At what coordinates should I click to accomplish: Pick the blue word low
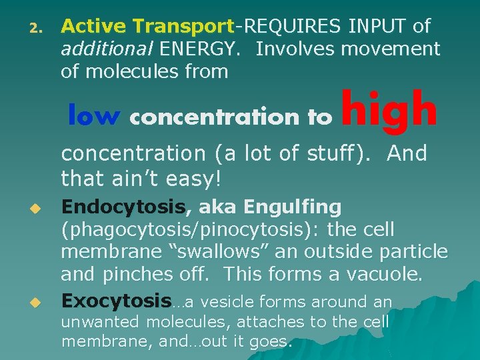click(93, 116)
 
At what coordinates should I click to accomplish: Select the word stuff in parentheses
click(335, 153)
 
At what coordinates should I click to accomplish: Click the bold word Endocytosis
click(123, 207)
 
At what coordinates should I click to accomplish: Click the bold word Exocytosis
click(116, 301)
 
